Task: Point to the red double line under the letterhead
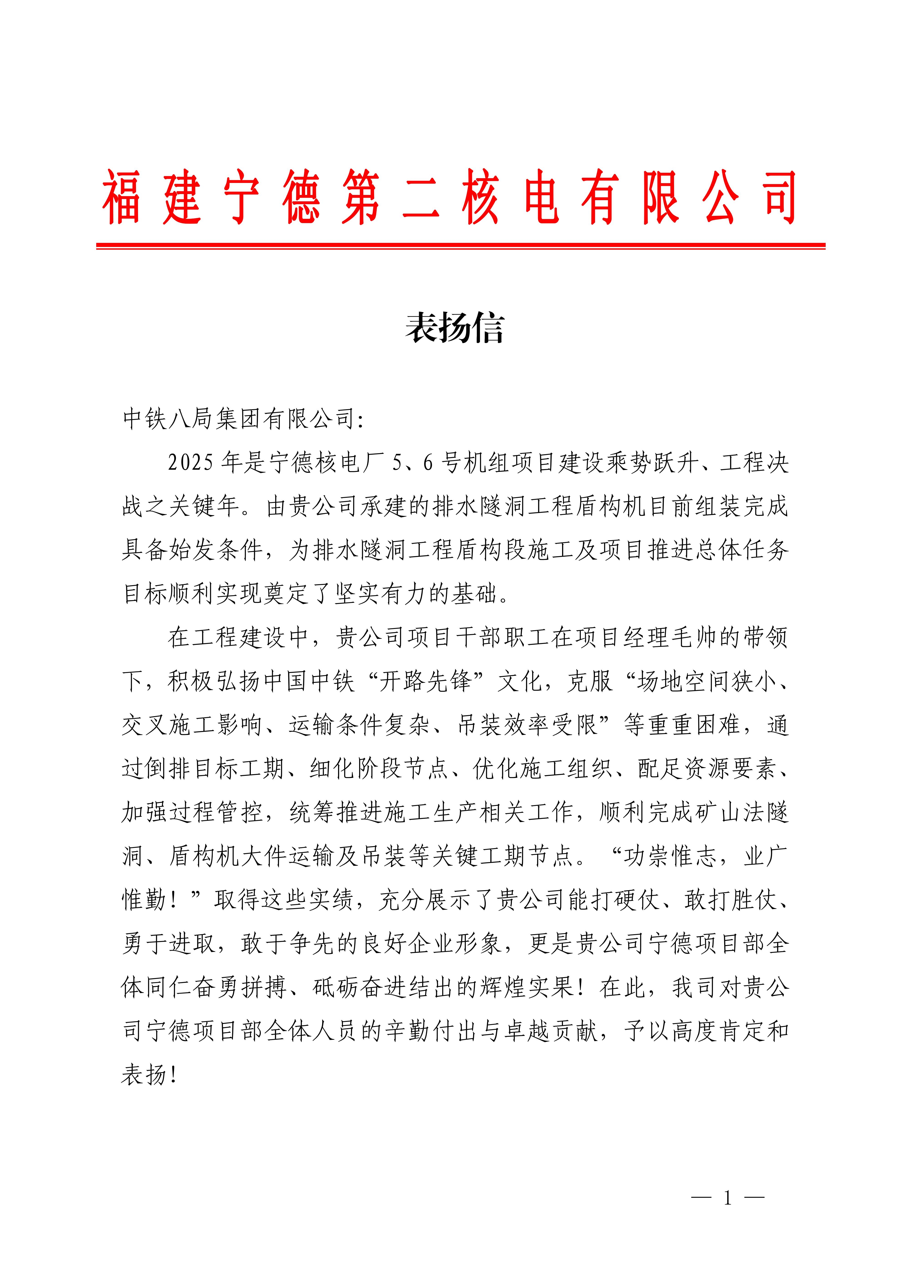pos(460,245)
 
